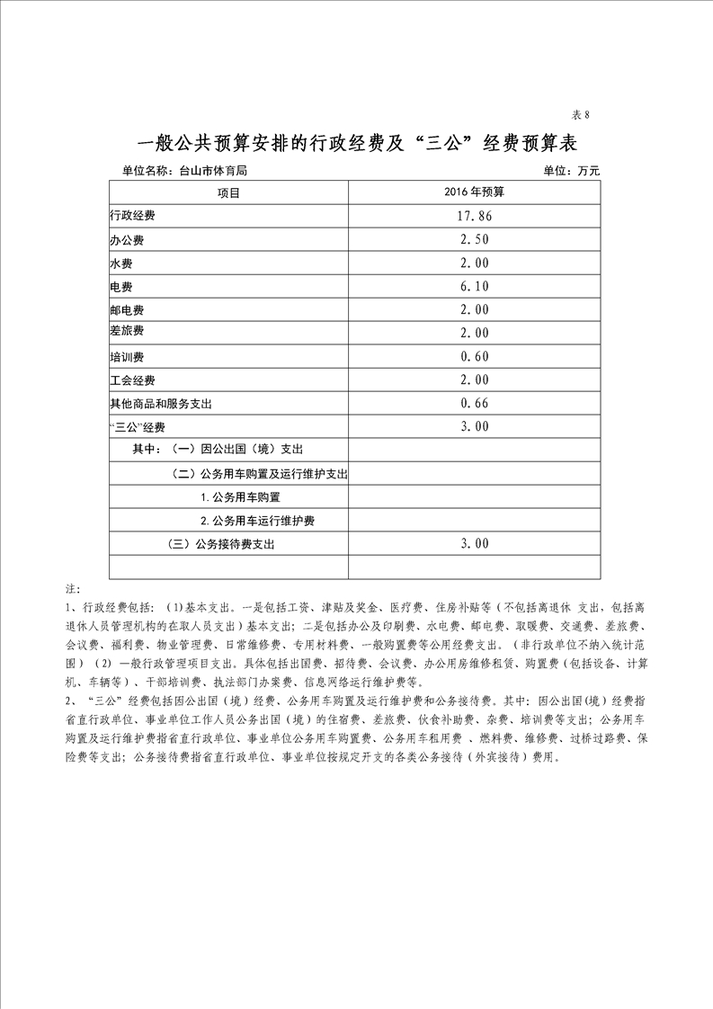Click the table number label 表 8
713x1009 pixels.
point(580,114)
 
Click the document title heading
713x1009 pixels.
point(355,143)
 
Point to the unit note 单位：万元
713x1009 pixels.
point(571,170)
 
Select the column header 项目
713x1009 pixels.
point(228,192)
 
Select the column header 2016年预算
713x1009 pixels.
point(474,192)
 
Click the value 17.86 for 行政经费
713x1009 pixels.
point(474,217)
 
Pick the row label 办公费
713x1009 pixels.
point(128,241)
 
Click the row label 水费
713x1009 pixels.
point(121,264)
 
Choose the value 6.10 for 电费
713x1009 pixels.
point(474,287)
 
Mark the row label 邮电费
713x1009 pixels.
point(128,310)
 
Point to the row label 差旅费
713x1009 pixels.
point(128,333)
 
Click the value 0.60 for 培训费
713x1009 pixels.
point(474,357)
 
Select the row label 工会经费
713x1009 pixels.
point(133,380)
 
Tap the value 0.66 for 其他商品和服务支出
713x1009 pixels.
point(474,404)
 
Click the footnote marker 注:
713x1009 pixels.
point(73,589)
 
